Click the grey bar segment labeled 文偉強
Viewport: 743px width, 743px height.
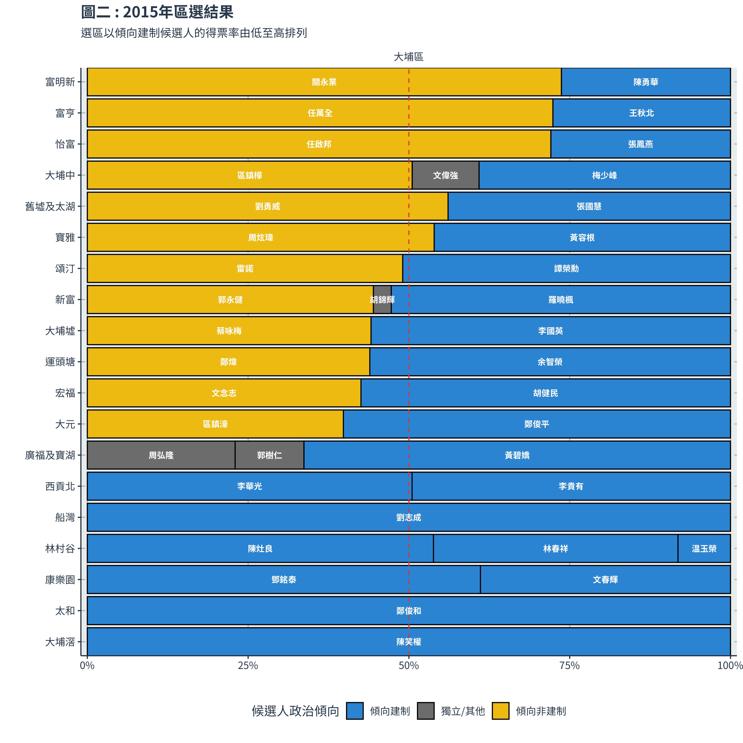pos(445,175)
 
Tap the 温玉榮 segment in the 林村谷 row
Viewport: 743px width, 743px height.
pos(704,548)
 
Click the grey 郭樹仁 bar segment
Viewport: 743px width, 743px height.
pos(269,455)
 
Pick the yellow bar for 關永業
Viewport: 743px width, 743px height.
pos(324,82)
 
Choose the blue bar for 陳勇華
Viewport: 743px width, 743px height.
pos(646,82)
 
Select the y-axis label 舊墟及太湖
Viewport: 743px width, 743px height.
pos(50,207)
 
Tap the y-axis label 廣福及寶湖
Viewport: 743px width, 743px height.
pos(50,455)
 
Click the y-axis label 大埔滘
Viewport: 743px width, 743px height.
pos(60,642)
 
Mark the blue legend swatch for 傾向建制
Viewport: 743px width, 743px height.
pos(355,711)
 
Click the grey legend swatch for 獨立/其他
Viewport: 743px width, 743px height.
pos(426,711)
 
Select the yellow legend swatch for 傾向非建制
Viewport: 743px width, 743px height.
pos(500,711)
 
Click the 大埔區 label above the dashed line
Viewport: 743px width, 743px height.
pos(408,57)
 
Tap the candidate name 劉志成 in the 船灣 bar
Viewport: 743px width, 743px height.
pos(408,517)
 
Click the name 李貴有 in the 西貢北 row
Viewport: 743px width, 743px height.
pos(571,486)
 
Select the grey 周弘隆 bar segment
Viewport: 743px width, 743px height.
pos(161,455)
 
